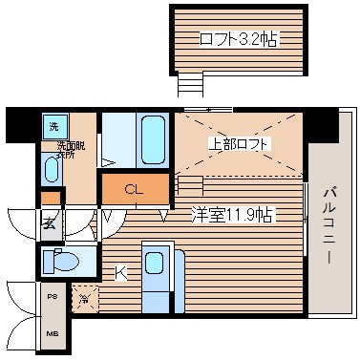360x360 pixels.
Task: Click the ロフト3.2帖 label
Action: click(x=238, y=39)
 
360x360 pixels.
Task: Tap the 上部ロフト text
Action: click(x=240, y=144)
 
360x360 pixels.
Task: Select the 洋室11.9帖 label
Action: click(x=231, y=214)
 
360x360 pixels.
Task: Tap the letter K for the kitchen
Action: click(x=121, y=273)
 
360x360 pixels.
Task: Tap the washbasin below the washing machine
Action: click(x=52, y=168)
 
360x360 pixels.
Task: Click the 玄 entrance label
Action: click(x=49, y=224)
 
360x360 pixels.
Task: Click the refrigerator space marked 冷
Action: click(x=85, y=300)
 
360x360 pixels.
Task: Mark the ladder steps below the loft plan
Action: click(x=191, y=86)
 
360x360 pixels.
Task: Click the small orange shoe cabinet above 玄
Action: click(x=50, y=199)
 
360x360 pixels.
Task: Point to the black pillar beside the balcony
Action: click(x=324, y=121)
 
